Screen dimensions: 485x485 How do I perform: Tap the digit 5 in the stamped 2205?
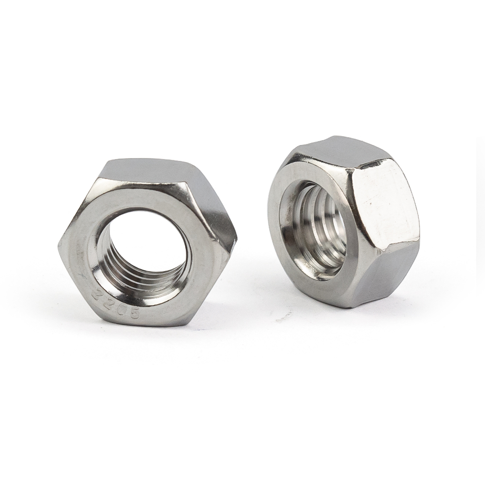coord(135,314)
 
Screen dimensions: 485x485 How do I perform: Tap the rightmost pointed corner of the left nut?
coord(236,237)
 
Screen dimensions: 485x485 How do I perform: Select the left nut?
coord(145,242)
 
